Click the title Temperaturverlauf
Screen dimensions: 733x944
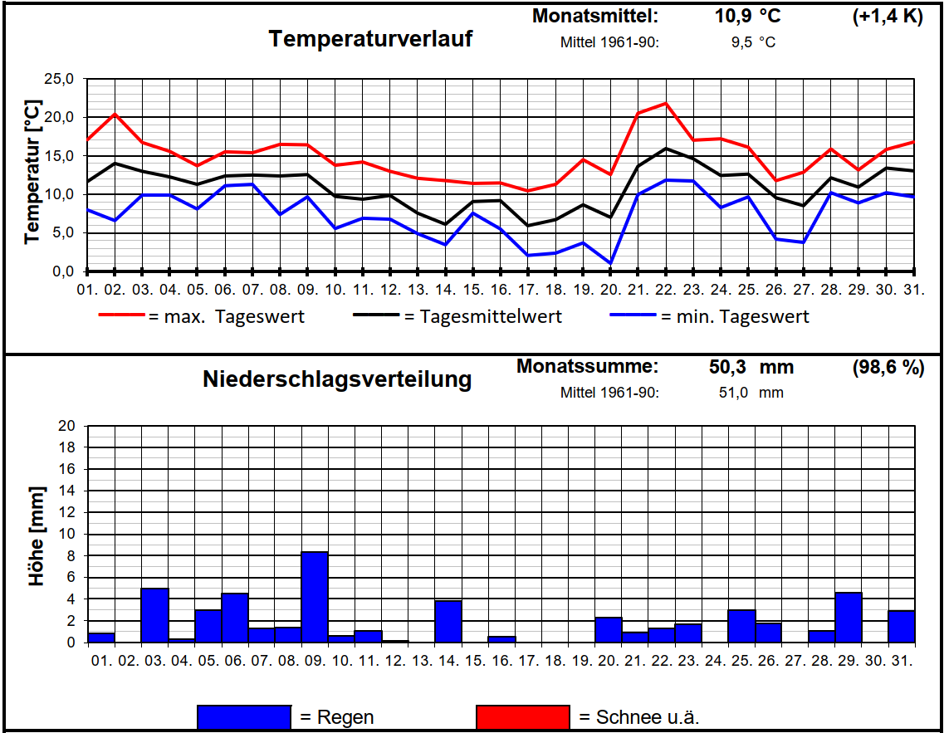click(370, 39)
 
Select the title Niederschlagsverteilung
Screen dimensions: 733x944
click(337, 379)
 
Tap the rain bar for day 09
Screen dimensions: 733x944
click(314, 597)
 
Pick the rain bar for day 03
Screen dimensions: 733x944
click(154, 615)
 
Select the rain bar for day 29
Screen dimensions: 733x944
click(848, 618)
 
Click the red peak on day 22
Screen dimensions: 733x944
click(665, 104)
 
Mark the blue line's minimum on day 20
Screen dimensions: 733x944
click(610, 263)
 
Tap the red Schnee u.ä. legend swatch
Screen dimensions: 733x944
click(522, 716)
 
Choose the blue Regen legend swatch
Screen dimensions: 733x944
click(244, 716)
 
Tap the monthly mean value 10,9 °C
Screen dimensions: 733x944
click(747, 17)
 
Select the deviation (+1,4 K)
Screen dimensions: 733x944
click(887, 17)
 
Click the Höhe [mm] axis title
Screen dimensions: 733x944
click(37, 536)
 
